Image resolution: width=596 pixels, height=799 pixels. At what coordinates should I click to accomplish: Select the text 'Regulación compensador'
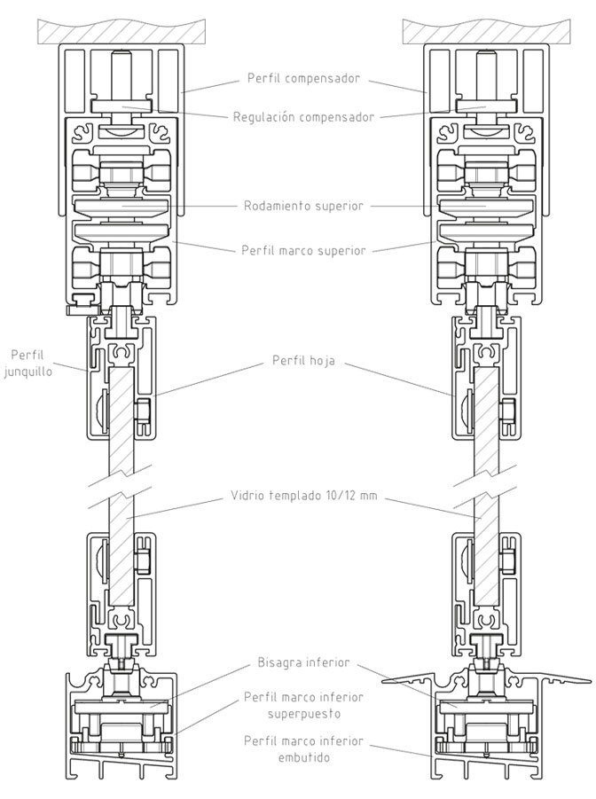(x=304, y=116)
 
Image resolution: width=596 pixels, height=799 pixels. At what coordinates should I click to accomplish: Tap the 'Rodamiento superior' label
(x=303, y=206)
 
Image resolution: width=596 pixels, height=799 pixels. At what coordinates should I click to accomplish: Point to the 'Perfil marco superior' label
(x=303, y=250)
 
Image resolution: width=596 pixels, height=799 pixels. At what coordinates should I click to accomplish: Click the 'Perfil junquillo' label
(x=29, y=364)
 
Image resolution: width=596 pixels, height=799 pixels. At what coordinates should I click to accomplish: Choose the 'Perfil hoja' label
(x=303, y=362)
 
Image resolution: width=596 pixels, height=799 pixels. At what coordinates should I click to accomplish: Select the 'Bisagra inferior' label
(x=303, y=662)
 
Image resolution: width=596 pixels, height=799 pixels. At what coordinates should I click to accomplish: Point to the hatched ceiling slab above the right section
(x=487, y=32)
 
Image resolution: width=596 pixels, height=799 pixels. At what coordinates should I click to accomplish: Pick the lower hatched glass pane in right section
(x=484, y=568)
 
